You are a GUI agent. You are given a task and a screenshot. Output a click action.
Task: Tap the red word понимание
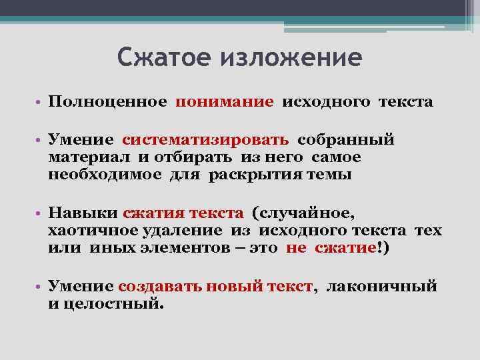[224, 102]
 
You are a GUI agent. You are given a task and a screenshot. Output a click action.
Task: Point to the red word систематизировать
[205, 140]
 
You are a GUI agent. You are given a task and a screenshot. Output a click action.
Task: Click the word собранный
[346, 140]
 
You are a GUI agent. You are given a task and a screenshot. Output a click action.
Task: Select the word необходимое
[105, 175]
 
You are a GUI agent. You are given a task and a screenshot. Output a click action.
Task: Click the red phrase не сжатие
[331, 248]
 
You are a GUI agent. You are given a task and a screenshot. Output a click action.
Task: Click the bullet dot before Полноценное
[39, 103]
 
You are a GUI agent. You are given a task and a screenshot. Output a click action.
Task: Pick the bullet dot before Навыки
[39, 215]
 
